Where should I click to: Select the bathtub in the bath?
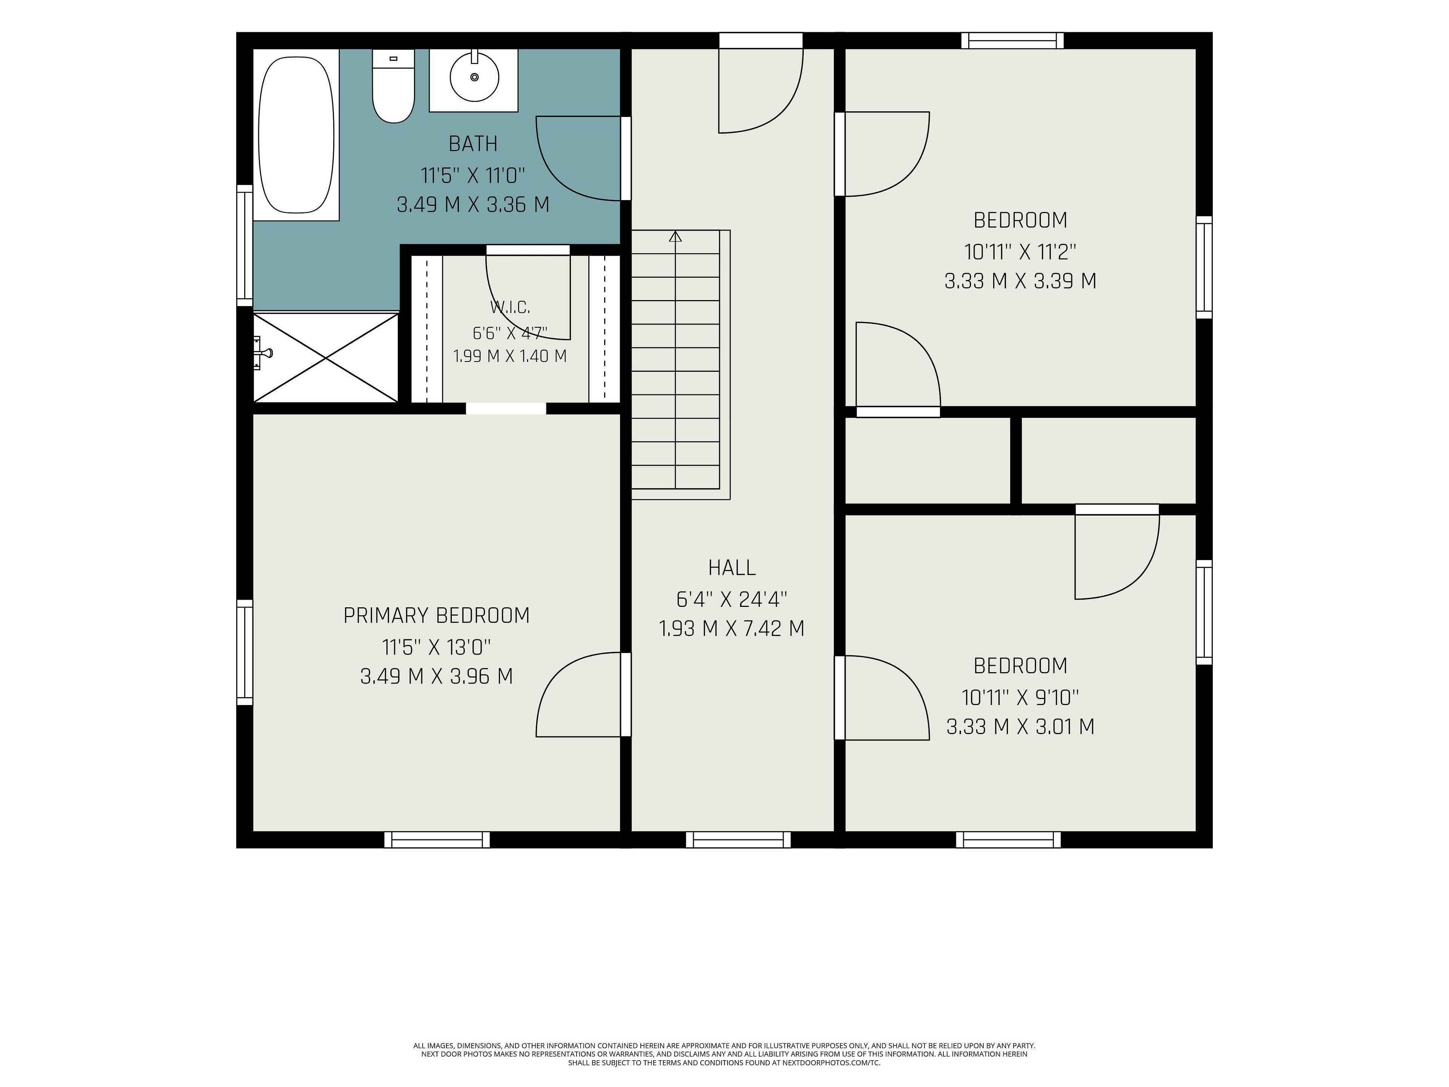[296, 135]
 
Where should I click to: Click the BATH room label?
[473, 143]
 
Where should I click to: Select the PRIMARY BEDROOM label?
[436, 615]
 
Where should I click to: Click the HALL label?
[732, 567]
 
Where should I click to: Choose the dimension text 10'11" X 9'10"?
[1020, 697]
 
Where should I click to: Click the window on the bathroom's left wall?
[245, 245]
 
